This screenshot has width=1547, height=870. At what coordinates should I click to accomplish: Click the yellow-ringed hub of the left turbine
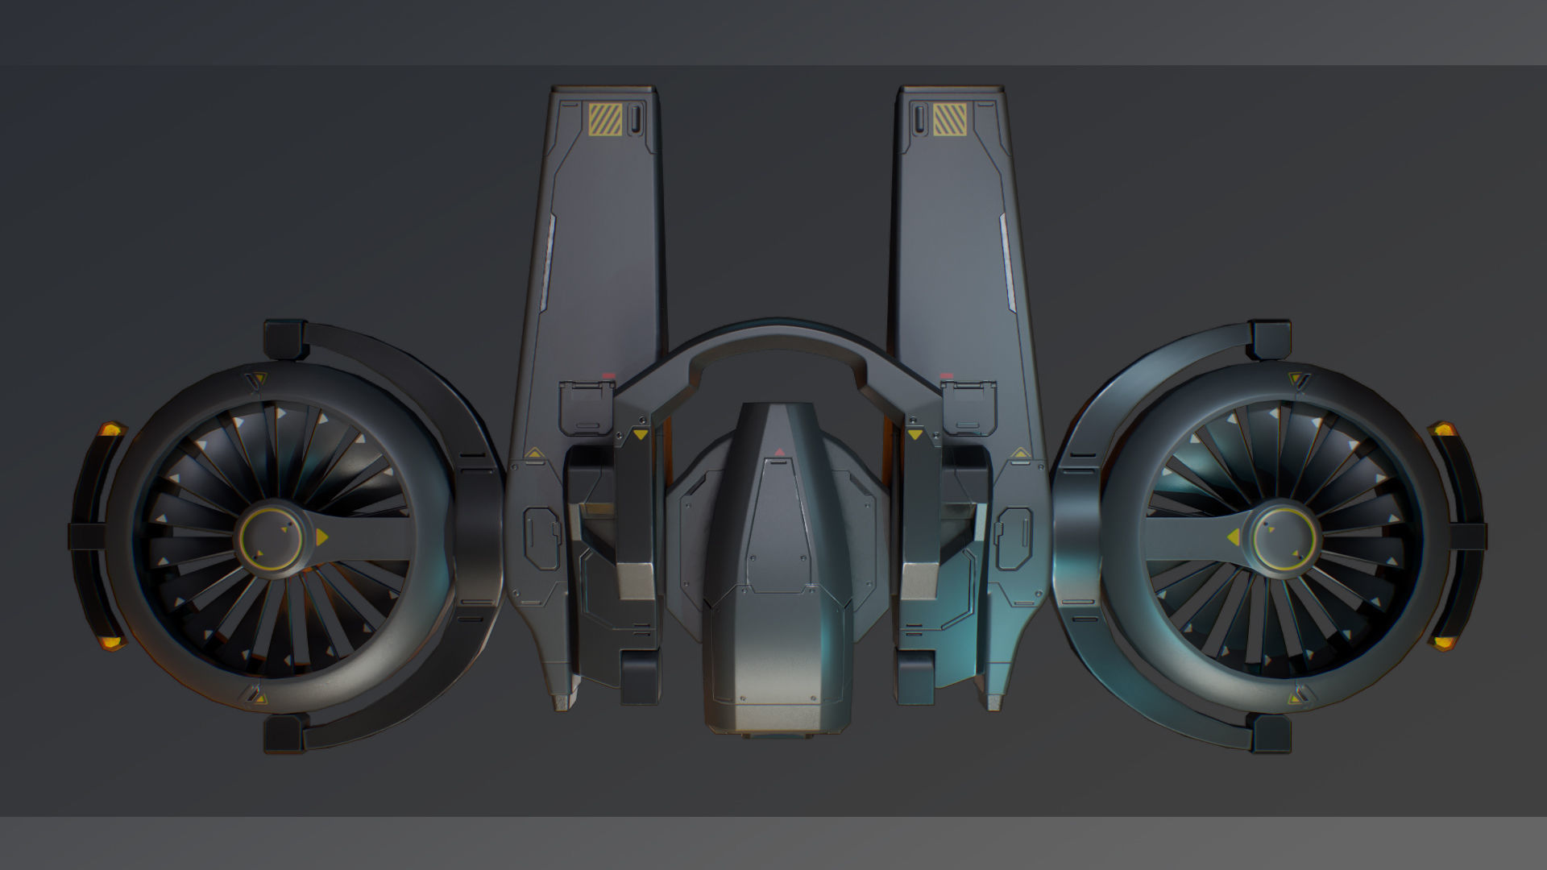[275, 534]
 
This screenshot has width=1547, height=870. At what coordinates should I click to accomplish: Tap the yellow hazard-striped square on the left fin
[604, 118]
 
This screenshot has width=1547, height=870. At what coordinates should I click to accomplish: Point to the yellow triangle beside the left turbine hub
[321, 536]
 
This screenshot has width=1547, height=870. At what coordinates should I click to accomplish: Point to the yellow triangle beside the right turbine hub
[1233, 536]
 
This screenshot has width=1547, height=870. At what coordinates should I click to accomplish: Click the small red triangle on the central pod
[778, 452]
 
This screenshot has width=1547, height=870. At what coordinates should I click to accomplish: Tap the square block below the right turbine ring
[1271, 734]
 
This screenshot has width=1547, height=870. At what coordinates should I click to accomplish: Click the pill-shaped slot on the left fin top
[635, 118]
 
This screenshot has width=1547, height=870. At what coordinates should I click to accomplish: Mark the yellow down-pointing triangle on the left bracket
[640, 435]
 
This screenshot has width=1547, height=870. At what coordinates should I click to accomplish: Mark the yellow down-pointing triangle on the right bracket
[915, 435]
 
